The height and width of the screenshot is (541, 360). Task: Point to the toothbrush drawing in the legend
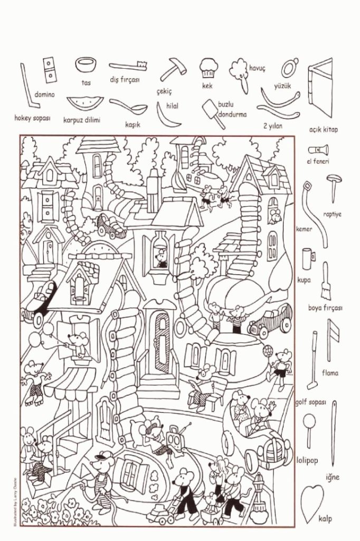[x=128, y=66]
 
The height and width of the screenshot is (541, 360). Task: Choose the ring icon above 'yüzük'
[x=288, y=68]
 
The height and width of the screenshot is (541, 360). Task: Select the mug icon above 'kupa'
[x=308, y=258]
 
